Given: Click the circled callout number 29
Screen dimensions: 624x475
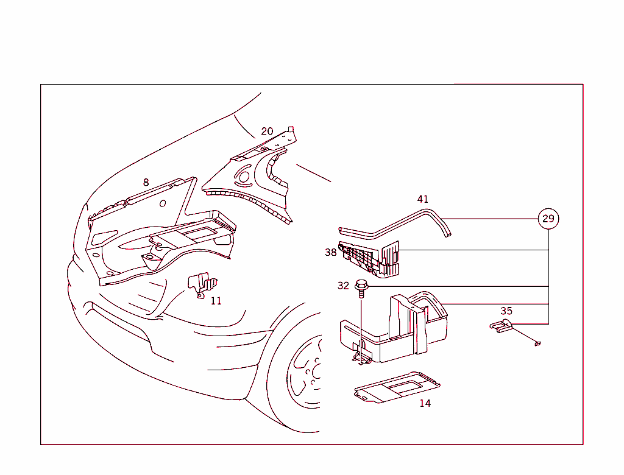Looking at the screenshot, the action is tap(548, 219).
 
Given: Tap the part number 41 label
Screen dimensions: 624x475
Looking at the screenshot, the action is tap(423, 199).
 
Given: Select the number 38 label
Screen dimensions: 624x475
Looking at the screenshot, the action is tap(331, 252).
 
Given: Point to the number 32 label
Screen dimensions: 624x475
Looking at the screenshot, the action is tap(343, 286).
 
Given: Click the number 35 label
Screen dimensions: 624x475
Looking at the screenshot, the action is tap(506, 311).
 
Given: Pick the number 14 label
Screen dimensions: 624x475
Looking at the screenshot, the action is tap(425, 403).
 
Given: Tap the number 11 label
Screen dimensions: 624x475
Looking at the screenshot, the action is tap(216, 301).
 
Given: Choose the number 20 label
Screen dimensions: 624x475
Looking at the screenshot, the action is tap(267, 132).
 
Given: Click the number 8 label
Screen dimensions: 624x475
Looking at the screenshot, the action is tap(146, 182).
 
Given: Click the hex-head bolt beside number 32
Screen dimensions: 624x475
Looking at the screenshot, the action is tap(361, 288).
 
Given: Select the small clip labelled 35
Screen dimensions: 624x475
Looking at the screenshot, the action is tap(501, 326).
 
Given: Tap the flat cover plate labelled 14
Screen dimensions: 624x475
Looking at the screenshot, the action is tap(397, 387).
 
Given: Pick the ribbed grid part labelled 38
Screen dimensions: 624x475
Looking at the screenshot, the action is tap(369, 258).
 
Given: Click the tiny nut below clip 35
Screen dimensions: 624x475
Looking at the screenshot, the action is tap(537, 343).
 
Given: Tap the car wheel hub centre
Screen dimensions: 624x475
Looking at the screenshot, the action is tap(317, 372).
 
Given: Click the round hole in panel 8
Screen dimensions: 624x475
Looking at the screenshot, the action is tap(162, 203).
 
